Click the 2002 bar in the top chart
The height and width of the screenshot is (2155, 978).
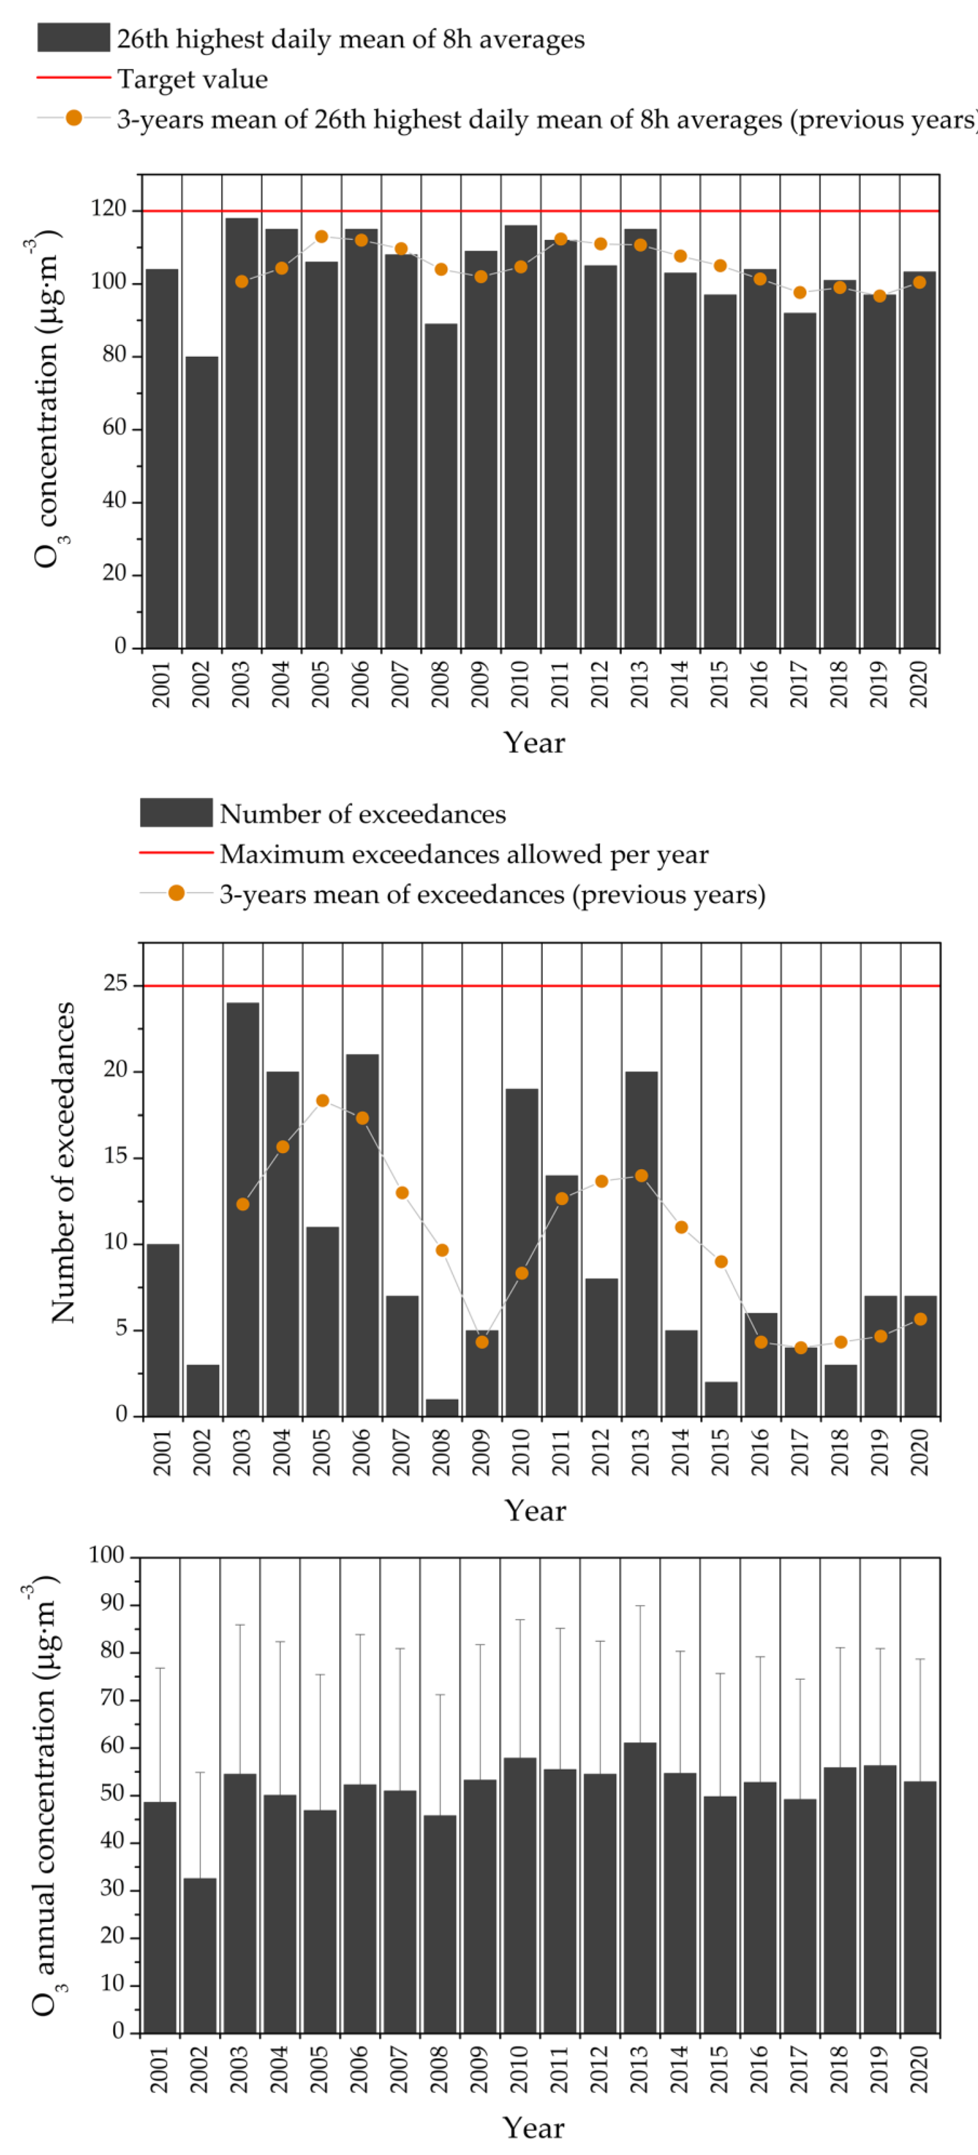(x=202, y=502)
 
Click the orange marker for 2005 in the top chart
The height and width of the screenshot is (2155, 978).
(x=321, y=237)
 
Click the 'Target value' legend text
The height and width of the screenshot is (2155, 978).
(x=192, y=79)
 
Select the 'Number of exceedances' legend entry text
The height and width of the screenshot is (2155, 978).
(x=362, y=814)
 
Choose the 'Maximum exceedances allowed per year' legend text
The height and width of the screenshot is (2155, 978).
(x=463, y=854)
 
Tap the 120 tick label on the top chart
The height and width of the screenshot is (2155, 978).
(x=109, y=209)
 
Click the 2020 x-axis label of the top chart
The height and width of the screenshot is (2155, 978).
(x=919, y=684)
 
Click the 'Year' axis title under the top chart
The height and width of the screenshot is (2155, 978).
(x=534, y=743)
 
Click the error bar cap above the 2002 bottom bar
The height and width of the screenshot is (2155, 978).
(x=200, y=1772)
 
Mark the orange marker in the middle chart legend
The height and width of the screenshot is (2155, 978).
(x=177, y=894)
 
